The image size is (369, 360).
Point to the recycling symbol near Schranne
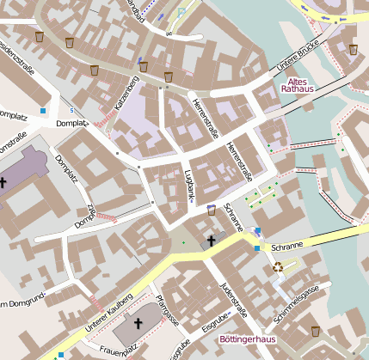(278, 267)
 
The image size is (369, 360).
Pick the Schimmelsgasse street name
(296, 302)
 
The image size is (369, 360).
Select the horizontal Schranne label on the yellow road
(289, 247)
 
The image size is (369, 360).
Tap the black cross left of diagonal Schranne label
(211, 241)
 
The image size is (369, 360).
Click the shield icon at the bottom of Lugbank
(212, 209)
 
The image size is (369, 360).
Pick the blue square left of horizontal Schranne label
(256, 249)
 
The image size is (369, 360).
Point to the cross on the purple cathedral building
(3, 182)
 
